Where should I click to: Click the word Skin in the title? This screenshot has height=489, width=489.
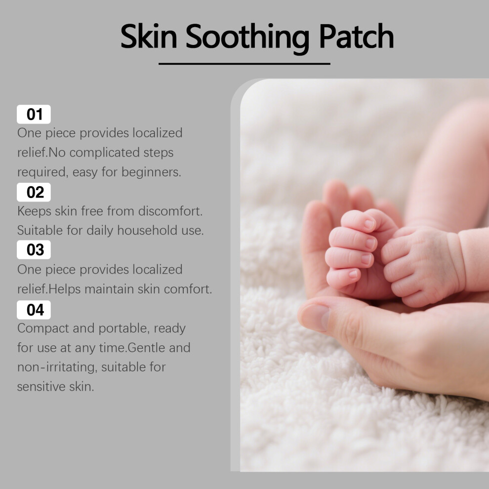coord(149,36)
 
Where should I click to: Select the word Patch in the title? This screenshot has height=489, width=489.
coord(356,36)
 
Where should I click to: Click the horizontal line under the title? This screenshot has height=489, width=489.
coord(244,64)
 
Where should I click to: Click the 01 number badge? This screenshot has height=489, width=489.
coord(34,114)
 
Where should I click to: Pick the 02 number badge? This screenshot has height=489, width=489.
coord(34,192)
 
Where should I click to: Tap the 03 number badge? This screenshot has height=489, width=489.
coord(34,249)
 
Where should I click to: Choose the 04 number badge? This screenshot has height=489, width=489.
coord(34,310)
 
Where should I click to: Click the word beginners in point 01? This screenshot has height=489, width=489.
coord(151,172)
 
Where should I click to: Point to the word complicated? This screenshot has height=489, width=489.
coord(105,153)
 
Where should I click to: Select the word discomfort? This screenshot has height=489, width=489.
coord(170,211)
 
